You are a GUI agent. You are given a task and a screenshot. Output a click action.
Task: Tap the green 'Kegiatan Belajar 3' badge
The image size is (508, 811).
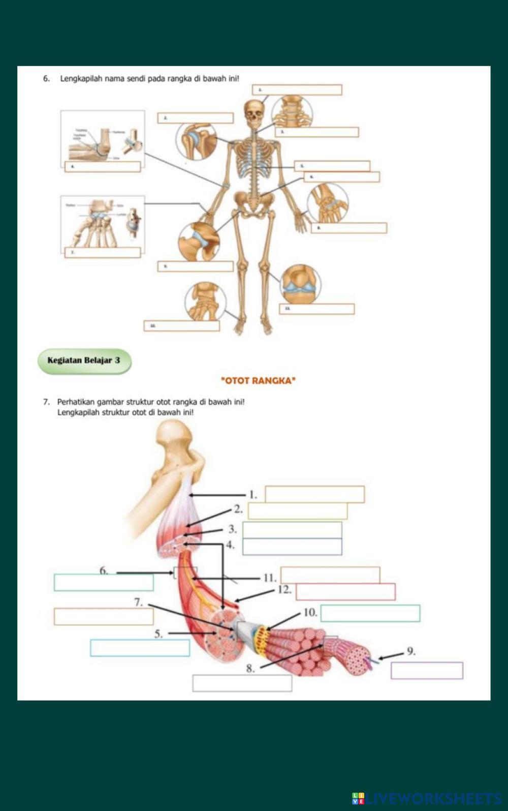[84, 361]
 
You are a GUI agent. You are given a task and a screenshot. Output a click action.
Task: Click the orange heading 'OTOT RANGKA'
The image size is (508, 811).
[259, 380]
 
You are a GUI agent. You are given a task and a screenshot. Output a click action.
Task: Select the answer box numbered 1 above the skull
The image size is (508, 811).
[297, 90]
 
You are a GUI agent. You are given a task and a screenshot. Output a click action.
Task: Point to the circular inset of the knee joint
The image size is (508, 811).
[300, 284]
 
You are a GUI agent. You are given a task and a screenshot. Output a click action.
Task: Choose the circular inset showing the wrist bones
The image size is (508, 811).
[328, 202]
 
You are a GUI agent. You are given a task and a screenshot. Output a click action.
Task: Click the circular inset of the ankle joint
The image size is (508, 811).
[205, 302]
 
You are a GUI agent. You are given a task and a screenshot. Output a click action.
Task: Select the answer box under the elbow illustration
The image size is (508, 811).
[103, 167]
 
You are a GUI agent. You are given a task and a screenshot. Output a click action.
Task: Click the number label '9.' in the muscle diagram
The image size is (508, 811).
[411, 651]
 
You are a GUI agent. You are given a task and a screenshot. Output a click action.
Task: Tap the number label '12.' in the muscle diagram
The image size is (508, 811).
[284, 590]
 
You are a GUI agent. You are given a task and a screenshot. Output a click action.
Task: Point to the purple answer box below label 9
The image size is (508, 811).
[427, 671]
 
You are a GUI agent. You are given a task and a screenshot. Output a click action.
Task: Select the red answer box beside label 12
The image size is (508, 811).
[345, 592]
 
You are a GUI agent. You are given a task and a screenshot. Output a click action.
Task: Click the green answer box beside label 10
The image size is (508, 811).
[370, 613]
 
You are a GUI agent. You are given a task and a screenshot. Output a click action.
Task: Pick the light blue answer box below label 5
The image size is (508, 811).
[140, 648]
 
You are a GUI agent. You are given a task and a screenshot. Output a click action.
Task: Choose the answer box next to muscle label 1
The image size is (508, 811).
[314, 494]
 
